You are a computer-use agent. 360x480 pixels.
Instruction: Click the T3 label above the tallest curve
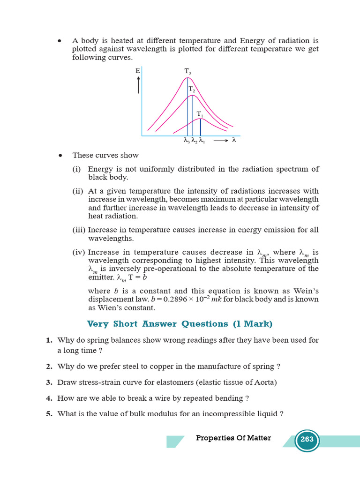coord(187,71)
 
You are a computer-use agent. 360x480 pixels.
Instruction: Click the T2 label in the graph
coord(192,89)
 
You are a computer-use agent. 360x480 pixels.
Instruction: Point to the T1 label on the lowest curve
coord(200,114)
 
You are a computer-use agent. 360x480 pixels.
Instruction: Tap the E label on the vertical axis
coord(138,71)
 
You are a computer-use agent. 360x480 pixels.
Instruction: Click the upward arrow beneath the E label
coord(139,86)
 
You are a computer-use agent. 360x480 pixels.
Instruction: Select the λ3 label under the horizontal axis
coord(186,140)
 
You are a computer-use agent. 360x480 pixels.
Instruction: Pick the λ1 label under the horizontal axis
coord(201,140)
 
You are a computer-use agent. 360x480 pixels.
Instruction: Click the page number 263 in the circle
coord(307,440)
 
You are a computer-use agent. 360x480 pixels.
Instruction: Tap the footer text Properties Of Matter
coord(233,438)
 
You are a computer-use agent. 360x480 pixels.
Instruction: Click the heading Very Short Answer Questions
coord(180,324)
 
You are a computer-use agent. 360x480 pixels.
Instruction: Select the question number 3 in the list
coord(49,382)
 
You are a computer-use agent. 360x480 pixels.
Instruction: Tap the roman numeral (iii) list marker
coord(78,230)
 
